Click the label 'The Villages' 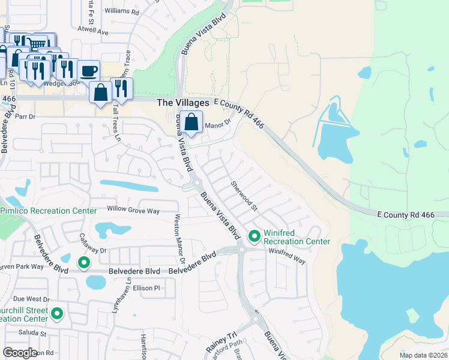(183, 103)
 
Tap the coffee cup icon (88, 71)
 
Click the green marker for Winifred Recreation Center (254, 236)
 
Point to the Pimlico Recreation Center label (48, 211)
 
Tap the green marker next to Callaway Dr (84, 262)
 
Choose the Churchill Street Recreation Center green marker (57, 313)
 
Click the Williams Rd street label (121, 11)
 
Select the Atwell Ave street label (93, 31)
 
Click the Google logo (20, 353)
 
